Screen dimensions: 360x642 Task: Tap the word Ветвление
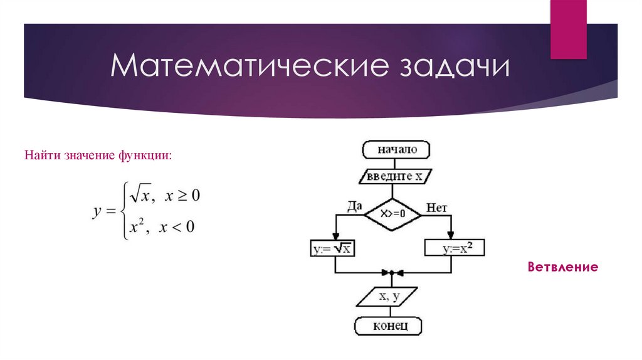click(562, 267)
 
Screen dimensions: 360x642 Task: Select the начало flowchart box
click(396, 150)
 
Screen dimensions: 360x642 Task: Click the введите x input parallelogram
click(396, 176)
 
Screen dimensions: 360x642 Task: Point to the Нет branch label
click(436, 208)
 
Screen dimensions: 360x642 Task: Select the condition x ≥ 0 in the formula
click(182, 196)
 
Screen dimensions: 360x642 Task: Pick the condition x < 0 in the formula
click(177, 226)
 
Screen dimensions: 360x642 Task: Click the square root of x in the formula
click(138, 196)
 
